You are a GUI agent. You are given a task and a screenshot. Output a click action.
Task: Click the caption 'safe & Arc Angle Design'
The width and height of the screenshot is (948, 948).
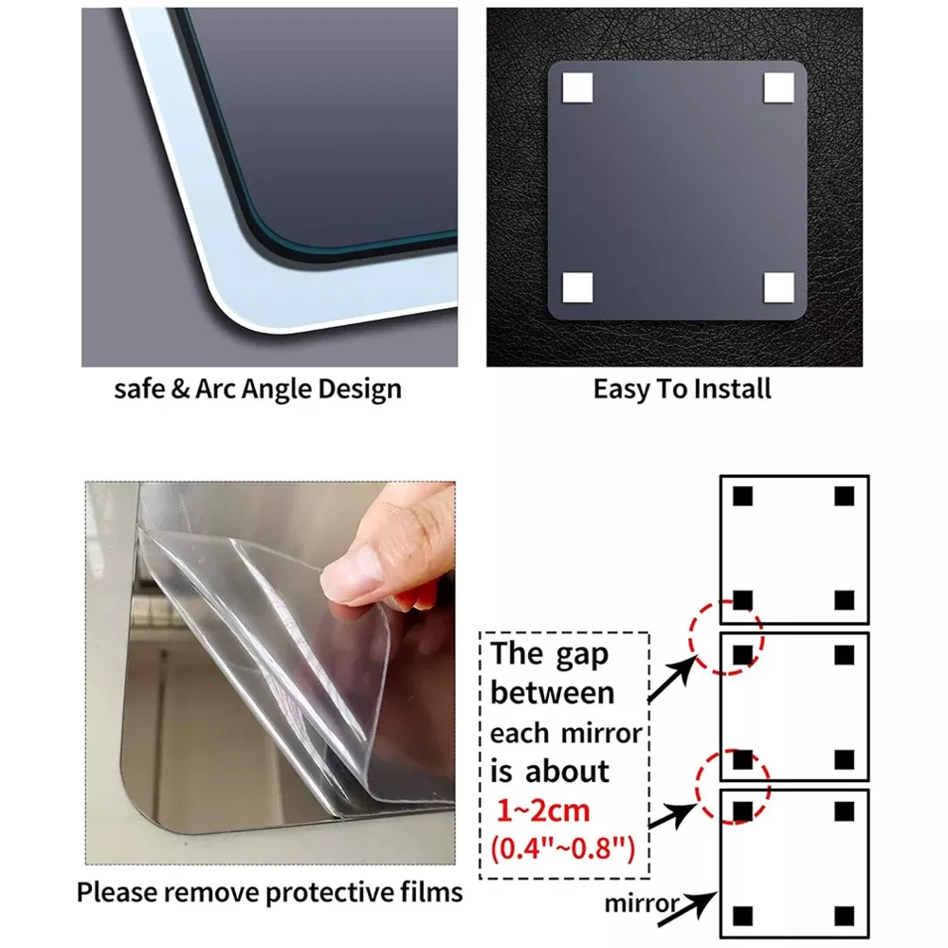[258, 389]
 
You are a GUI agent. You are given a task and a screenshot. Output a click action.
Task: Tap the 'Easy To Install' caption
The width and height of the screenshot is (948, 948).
[682, 389]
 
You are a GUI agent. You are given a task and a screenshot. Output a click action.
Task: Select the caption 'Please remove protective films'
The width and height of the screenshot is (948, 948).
[270, 892]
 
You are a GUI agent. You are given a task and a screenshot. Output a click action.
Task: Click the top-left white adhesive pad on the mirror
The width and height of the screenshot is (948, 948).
[576, 87]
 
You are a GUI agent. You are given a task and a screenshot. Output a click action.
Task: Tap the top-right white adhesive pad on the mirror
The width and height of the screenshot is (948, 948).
[778, 87]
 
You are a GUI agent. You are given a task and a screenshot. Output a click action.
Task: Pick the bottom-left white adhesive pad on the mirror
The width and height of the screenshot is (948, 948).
[576, 286]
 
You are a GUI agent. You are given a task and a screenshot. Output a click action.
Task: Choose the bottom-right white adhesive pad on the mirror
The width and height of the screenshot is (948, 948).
[778, 286]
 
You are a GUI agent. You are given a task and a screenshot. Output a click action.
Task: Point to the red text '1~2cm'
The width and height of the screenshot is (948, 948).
[544, 811]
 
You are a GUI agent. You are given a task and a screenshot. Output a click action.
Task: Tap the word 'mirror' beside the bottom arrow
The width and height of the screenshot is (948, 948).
[643, 902]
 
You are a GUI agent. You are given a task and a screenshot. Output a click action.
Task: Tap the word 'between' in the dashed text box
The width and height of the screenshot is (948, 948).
[553, 693]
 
